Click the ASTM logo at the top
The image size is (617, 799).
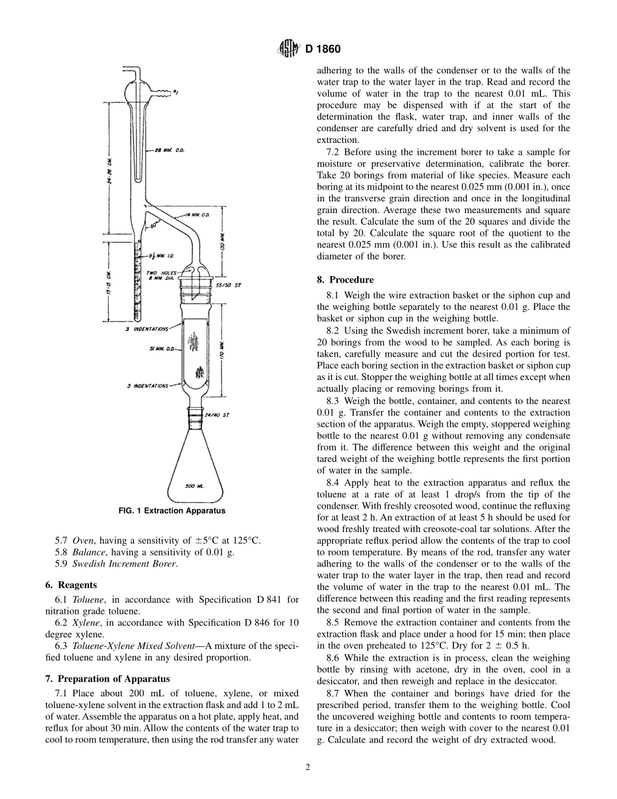tap(288, 48)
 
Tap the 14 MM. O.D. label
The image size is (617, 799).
tap(197, 214)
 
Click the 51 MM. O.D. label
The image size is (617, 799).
tap(160, 349)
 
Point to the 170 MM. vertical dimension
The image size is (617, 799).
tap(221, 356)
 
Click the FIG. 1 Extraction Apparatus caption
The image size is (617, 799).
tap(171, 511)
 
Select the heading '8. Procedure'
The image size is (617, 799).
tap(345, 280)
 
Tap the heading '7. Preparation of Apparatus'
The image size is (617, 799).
tap(107, 679)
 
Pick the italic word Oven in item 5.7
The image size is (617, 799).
tap(82, 540)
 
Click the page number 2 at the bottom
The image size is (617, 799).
tap(308, 767)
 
